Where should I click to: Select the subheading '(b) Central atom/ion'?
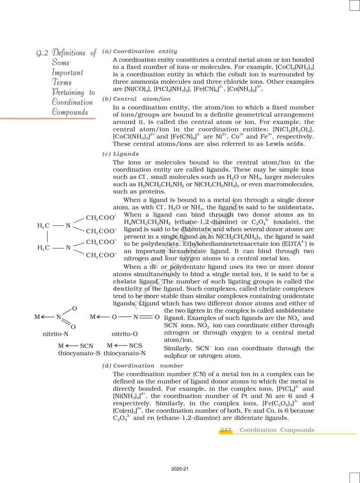136,99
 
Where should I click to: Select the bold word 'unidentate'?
295,207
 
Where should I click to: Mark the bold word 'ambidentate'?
295,311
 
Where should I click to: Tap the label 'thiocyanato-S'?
79,353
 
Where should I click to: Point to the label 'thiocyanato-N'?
124,353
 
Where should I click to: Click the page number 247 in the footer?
226,430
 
